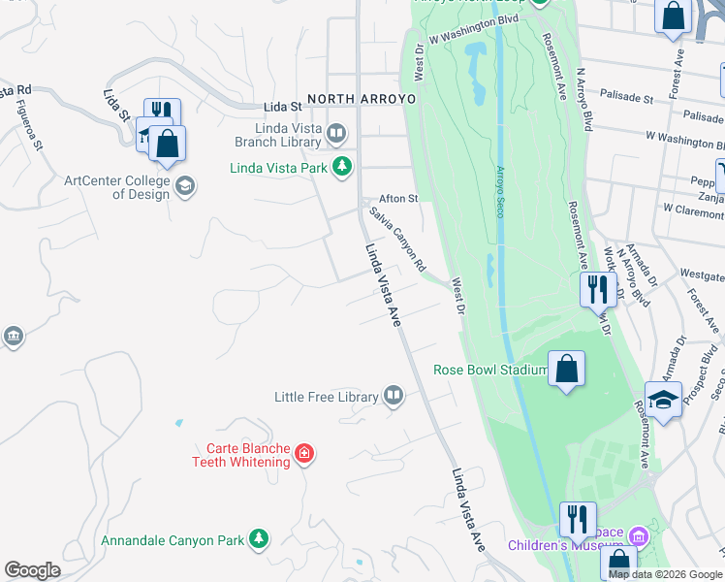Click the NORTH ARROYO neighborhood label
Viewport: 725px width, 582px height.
click(x=362, y=99)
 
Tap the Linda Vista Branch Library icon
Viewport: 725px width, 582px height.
click(x=336, y=132)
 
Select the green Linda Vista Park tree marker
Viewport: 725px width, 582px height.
click(x=341, y=168)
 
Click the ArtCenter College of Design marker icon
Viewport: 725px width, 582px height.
click(x=185, y=185)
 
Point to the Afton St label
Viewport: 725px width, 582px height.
click(x=397, y=198)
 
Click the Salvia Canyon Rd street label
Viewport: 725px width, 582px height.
click(x=397, y=237)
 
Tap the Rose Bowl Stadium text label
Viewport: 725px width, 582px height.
click(x=490, y=370)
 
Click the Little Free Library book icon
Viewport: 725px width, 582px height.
click(x=393, y=396)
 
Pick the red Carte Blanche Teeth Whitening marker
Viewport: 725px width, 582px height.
click(x=304, y=453)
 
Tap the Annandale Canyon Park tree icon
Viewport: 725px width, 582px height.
click(x=258, y=538)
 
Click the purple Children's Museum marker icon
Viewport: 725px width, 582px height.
click(x=638, y=535)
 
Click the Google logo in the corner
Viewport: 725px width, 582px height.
click(x=32, y=570)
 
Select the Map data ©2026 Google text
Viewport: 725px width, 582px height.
click(x=665, y=574)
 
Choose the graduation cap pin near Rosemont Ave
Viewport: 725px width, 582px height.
click(x=663, y=401)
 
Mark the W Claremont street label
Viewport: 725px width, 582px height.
click(x=693, y=209)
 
